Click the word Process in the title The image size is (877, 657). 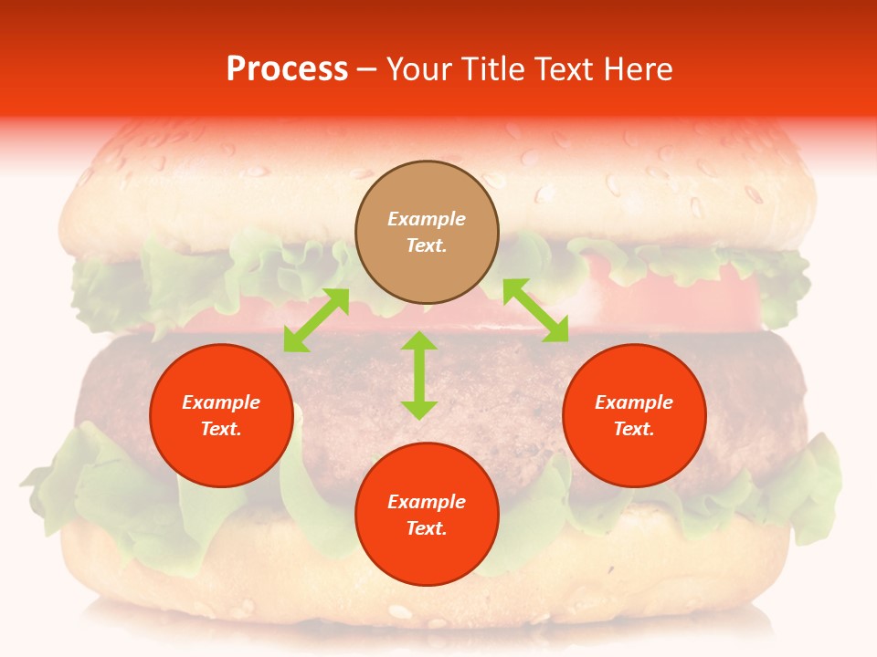coord(287,68)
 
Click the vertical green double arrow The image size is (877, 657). coord(419,375)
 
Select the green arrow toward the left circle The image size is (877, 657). coord(316,319)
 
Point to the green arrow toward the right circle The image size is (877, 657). coord(535,310)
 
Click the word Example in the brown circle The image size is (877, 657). coord(427,219)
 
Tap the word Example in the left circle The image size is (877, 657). coord(221,402)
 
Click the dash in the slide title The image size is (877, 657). coord(367,69)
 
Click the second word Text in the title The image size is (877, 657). coord(562,68)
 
